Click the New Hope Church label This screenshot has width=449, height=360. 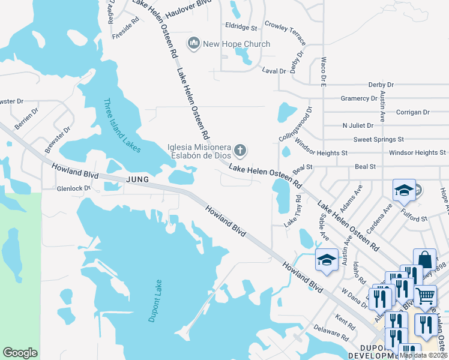[x=237, y=44]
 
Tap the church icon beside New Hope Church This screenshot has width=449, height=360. [x=193, y=43]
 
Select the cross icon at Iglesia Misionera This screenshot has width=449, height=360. [x=240, y=149]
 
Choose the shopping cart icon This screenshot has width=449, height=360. [x=425, y=295]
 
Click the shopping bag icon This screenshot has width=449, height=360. [x=424, y=260]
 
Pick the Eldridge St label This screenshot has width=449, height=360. [x=241, y=28]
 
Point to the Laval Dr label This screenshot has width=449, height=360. [x=274, y=71]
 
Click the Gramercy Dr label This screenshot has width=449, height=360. [x=359, y=98]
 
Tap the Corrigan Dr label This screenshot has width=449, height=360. [x=413, y=112]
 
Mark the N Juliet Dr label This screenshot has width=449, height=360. [x=358, y=126]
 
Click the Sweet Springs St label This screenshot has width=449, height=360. [x=379, y=139]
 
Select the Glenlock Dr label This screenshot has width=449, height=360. [x=73, y=188]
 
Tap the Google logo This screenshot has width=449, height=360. [x=20, y=353]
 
